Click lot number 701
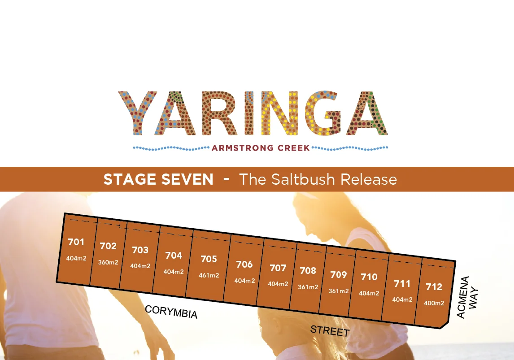tap(76, 242)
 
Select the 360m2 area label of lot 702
tap(108, 262)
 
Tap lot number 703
tap(140, 250)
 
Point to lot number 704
tap(174, 256)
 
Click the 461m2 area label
tap(209, 275)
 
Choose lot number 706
tap(244, 265)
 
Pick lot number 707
tap(278, 268)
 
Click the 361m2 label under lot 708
tap(308, 287)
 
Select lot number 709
tap(339, 274)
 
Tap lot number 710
tap(369, 277)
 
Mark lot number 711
tap(402, 284)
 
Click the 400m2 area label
tap(434, 303)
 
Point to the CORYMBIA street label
tap(171, 312)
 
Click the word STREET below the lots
tap(330, 331)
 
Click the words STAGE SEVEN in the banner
tap(158, 180)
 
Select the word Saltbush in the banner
tap(304, 179)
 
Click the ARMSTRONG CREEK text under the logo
tap(261, 148)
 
